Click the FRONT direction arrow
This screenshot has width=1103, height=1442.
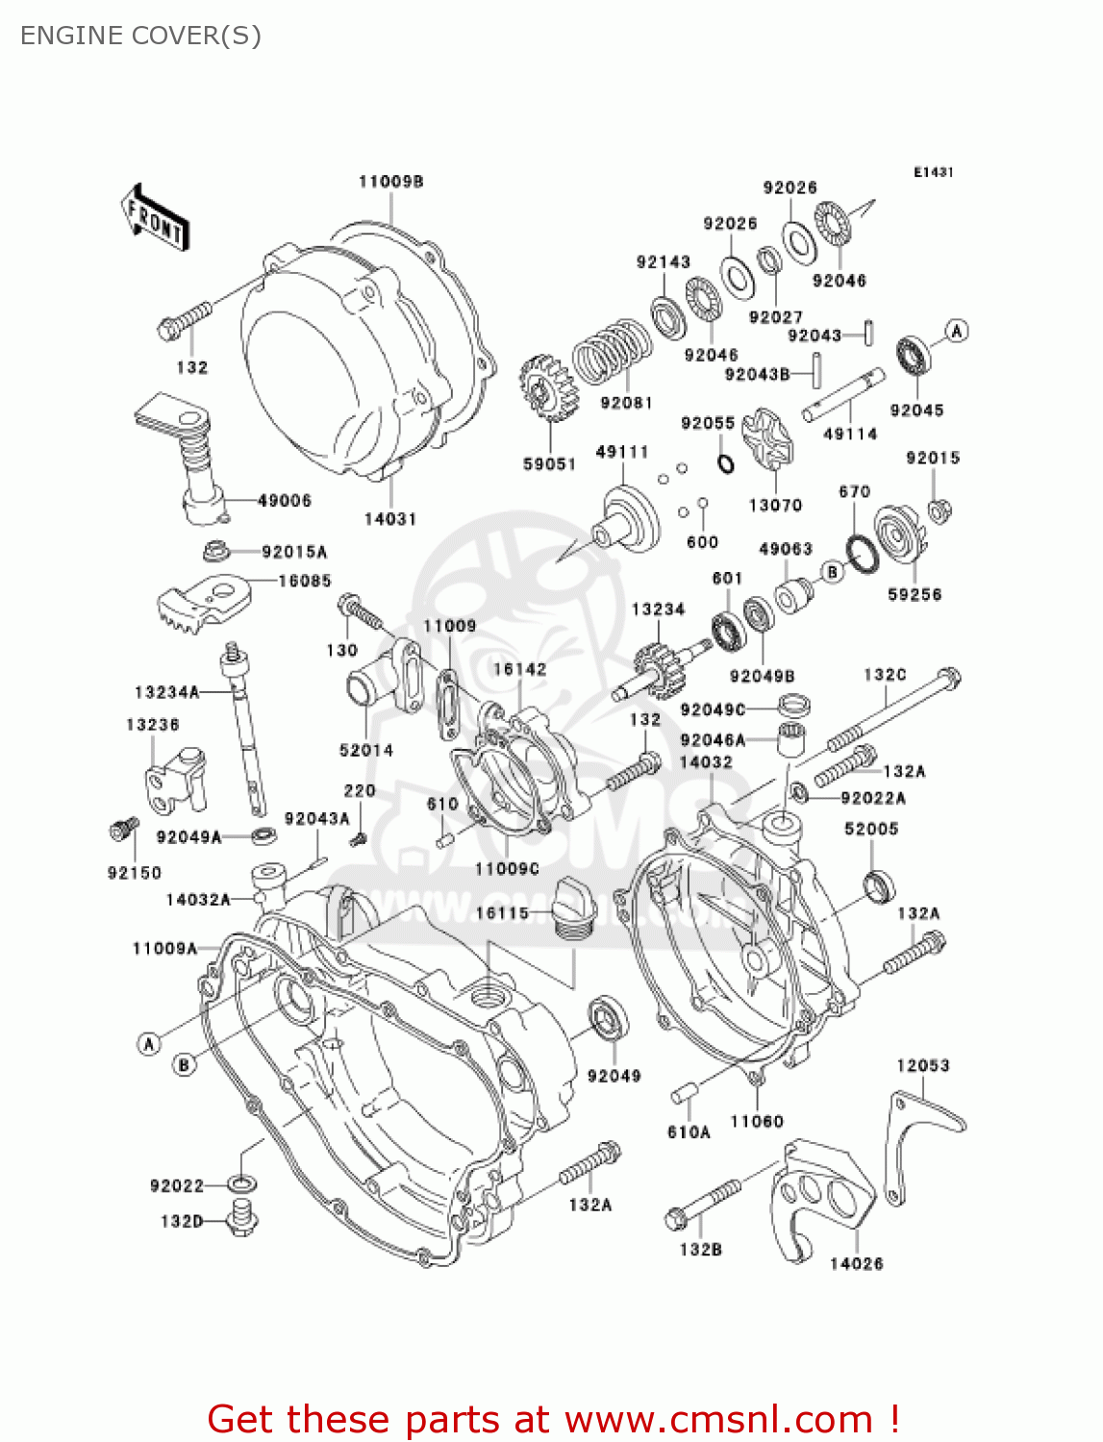click(155, 218)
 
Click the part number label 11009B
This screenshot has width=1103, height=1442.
click(390, 182)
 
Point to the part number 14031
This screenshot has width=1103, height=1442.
click(390, 519)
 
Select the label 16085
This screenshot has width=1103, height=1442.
click(304, 581)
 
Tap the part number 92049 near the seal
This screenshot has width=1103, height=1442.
click(614, 1076)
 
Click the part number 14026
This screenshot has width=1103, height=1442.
click(856, 1263)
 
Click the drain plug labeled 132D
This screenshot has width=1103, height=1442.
click(241, 1219)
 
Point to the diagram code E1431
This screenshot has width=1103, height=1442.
click(933, 172)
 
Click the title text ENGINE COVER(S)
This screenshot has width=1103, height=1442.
click(140, 36)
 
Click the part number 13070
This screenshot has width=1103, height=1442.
click(775, 505)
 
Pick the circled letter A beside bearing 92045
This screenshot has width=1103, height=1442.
click(956, 332)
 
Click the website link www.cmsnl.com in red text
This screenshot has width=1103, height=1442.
click(717, 1419)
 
